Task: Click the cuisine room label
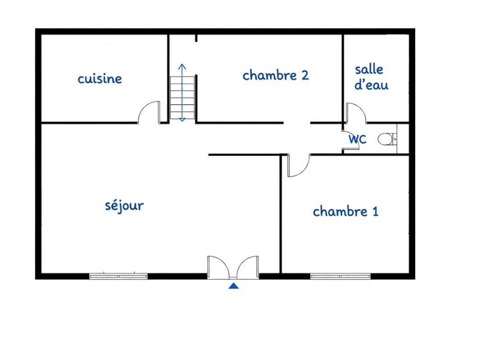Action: tap(100, 79)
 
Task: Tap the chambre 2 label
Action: tap(276, 75)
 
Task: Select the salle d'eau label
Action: tap(371, 77)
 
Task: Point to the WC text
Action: tap(358, 139)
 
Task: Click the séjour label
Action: tap(124, 206)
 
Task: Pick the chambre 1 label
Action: tap(345, 211)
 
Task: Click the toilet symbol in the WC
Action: tap(385, 139)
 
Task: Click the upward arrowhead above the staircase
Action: tap(182, 67)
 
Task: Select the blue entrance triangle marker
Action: tap(233, 286)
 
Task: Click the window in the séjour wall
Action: tap(118, 276)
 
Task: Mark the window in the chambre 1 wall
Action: tap(340, 276)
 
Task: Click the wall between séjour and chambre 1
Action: tap(281, 216)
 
